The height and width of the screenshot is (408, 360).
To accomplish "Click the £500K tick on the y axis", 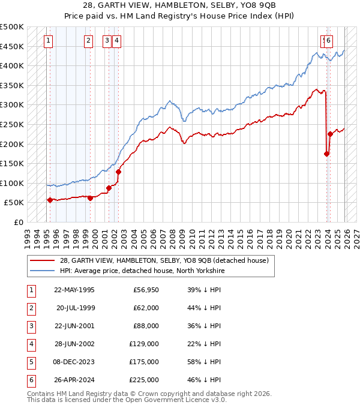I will [12, 27].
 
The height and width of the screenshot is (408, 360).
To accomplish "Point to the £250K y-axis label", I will [12, 124].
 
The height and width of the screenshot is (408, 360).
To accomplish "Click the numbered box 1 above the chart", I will [48, 41].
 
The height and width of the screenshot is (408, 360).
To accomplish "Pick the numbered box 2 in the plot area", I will [88, 41].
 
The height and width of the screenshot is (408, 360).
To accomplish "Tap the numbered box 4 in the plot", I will [116, 41].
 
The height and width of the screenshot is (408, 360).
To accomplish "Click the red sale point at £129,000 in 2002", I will [119, 172].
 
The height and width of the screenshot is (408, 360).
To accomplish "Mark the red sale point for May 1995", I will [50, 200].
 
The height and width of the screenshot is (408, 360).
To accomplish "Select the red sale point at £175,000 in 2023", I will [327, 154].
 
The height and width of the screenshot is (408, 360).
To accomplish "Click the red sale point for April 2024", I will [331, 134].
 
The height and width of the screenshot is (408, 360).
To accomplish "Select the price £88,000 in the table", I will [145, 326].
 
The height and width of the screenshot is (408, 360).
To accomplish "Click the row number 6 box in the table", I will [31, 380].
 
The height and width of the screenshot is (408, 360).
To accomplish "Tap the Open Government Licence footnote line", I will [127, 400].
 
